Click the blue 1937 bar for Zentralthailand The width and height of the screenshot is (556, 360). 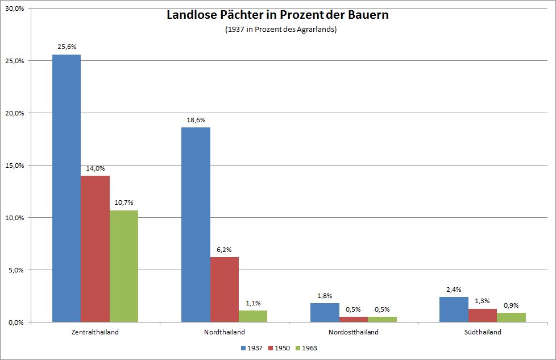click(x=67, y=188)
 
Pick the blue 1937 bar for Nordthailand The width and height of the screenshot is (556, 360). click(x=196, y=225)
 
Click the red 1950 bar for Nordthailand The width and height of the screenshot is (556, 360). click(x=225, y=289)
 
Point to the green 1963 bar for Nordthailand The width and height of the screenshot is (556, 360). click(x=253, y=316)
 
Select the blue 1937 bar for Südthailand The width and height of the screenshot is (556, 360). click(x=454, y=309)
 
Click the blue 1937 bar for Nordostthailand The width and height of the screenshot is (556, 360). click(x=325, y=313)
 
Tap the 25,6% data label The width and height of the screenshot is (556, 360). click(x=67, y=48)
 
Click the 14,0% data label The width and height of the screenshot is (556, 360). click(x=95, y=169)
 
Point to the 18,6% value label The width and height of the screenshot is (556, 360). click(x=196, y=121)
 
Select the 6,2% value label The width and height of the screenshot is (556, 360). click(x=225, y=250)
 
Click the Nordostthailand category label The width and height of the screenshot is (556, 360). click(x=353, y=332)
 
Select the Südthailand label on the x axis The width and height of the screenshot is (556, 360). click(x=482, y=332)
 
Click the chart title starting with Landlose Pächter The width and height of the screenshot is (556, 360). click(x=277, y=15)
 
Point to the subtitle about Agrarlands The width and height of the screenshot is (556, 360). click(x=281, y=30)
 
